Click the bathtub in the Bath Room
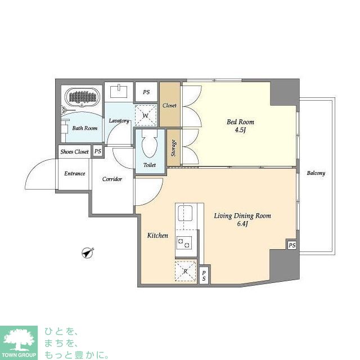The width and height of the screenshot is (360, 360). (x=82, y=97)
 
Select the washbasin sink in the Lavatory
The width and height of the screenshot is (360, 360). (x=119, y=91)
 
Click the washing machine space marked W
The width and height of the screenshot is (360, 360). (x=146, y=115)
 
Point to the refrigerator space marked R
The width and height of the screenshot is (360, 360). (x=186, y=271)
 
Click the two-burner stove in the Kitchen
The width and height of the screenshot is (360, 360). (x=184, y=243)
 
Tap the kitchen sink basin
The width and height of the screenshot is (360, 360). (x=185, y=213)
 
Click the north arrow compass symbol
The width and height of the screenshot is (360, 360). (x=88, y=253)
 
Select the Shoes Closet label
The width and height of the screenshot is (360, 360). (x=74, y=152)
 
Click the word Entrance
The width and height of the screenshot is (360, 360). (x=75, y=174)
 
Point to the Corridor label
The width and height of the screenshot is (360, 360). (x=112, y=179)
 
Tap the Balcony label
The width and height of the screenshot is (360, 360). (x=316, y=173)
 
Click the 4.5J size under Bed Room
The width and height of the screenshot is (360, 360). (x=240, y=130)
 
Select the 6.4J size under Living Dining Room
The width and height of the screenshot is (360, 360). (x=242, y=224)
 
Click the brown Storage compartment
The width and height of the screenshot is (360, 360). (x=173, y=147)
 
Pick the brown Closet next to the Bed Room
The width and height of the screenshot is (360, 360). (x=170, y=105)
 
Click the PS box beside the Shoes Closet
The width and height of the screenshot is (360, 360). (x=98, y=151)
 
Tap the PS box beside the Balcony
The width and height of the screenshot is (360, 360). (x=292, y=245)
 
